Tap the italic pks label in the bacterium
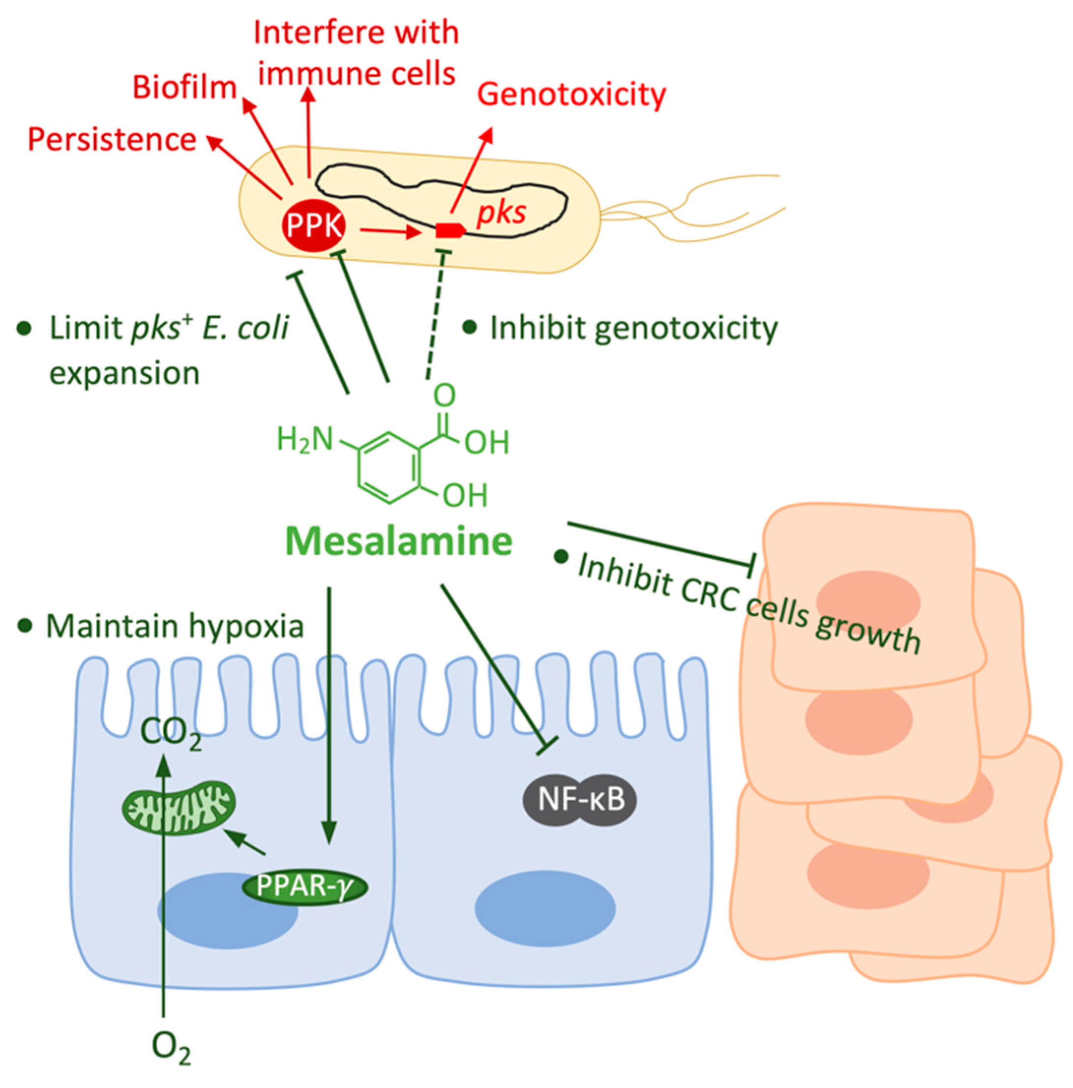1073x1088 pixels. point(501,213)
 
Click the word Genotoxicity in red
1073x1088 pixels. point(571,94)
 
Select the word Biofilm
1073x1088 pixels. point(184,89)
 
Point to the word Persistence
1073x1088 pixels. point(112,139)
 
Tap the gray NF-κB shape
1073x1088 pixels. point(580,800)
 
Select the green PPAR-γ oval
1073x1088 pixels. point(304,887)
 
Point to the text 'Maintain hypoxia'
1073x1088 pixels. point(174,626)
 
